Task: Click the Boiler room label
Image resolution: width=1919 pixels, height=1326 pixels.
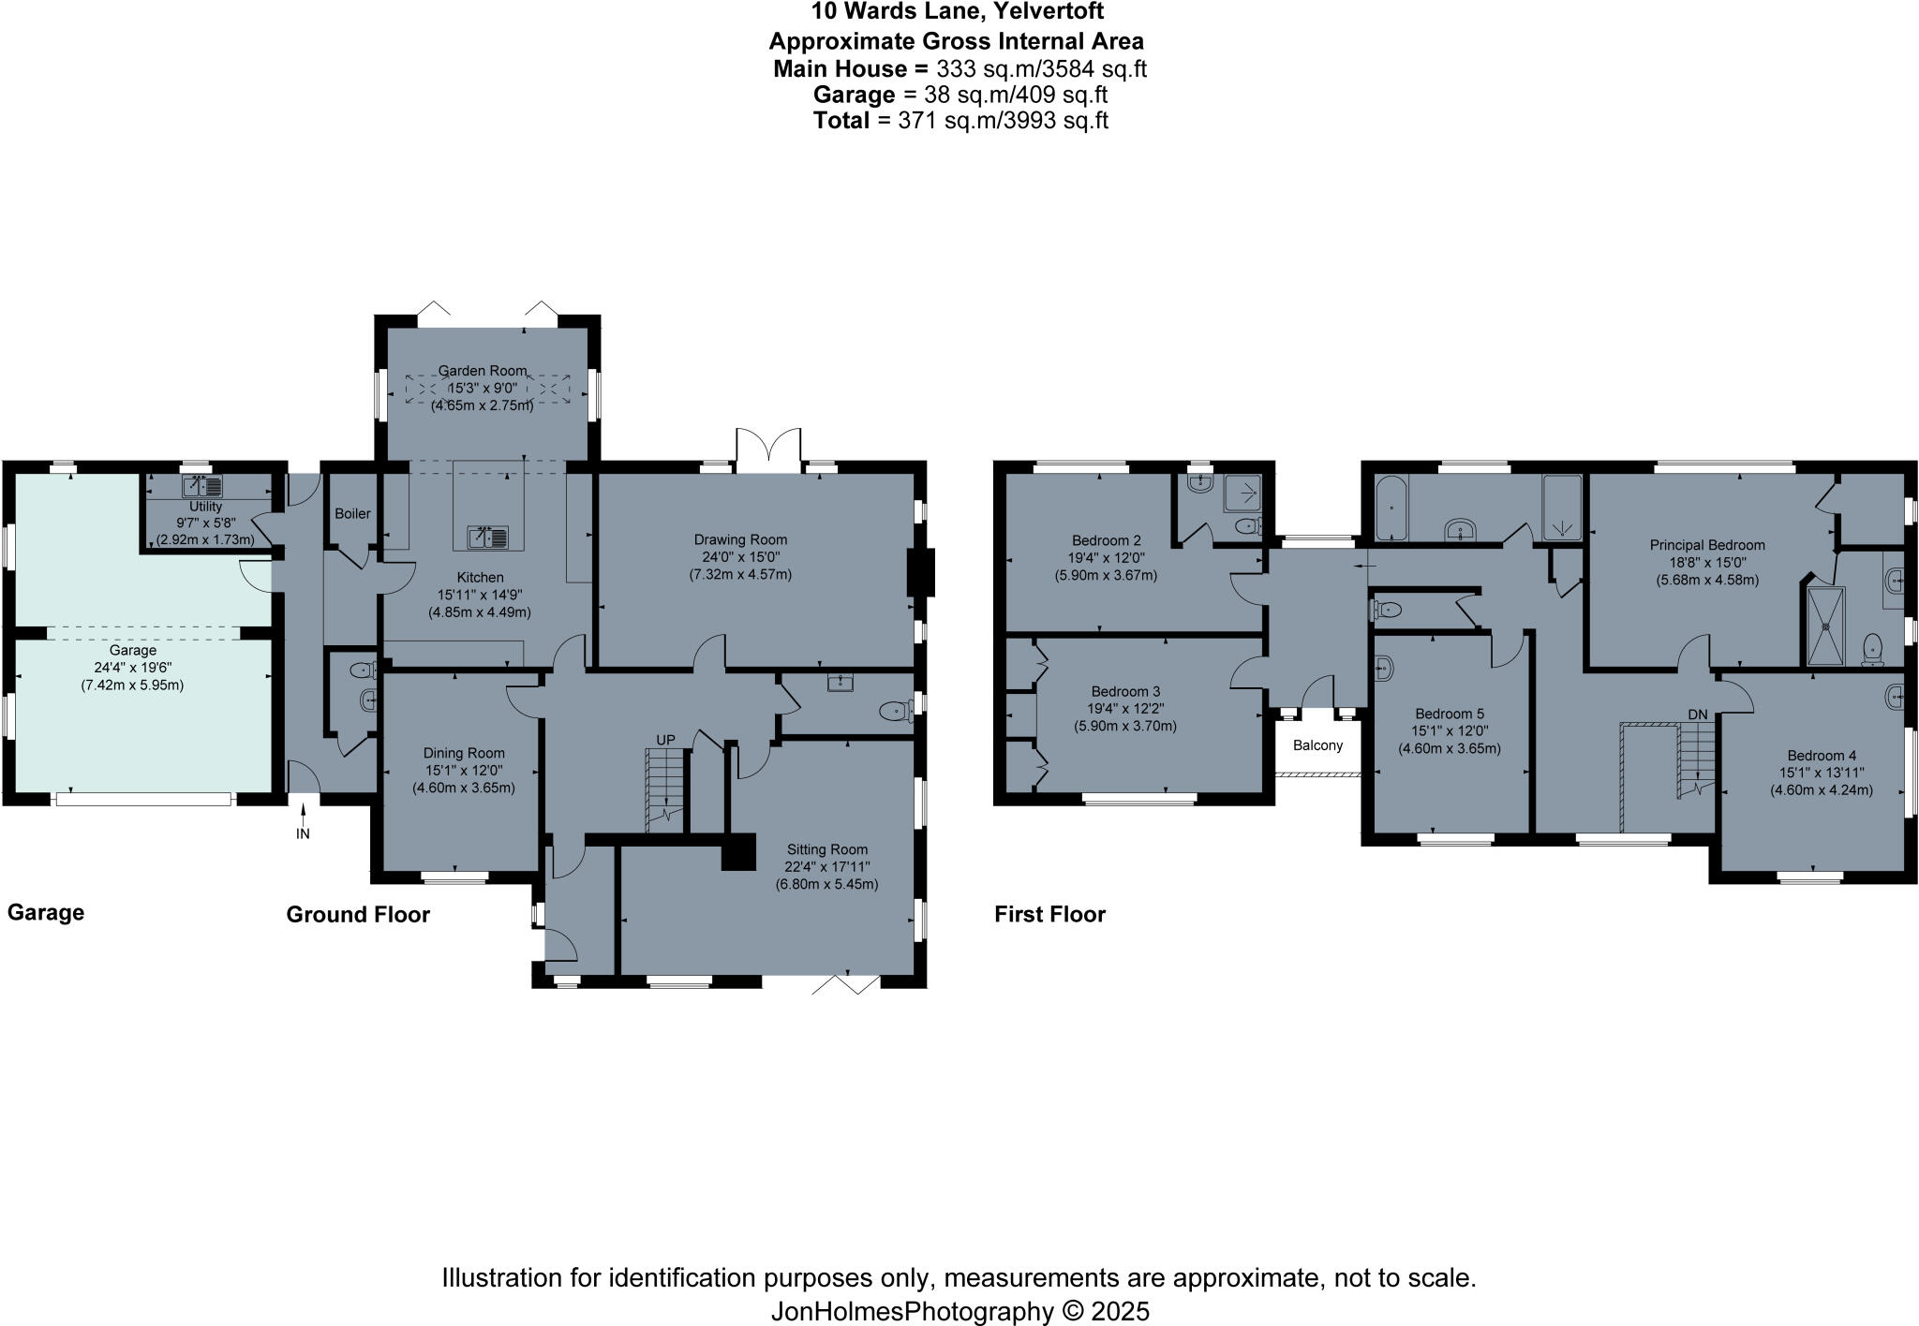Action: [352, 514]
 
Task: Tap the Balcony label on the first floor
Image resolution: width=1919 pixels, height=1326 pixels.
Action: [1317, 746]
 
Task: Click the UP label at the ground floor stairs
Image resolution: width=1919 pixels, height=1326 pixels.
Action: [665, 740]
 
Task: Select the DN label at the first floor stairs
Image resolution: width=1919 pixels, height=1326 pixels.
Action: [1698, 715]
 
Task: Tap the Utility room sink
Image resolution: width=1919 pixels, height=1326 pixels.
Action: [203, 487]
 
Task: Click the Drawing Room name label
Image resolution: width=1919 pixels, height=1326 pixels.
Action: [740, 539]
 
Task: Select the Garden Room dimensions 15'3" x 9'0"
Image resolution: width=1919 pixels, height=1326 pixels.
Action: [482, 388]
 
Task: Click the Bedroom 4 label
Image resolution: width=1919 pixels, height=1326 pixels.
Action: [1821, 756]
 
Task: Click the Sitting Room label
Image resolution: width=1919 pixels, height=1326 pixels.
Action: [826, 849]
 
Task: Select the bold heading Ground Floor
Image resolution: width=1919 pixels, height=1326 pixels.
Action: [358, 915]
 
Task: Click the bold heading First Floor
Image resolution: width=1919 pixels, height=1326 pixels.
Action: [1049, 914]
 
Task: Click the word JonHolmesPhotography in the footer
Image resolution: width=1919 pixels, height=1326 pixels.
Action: [912, 1311]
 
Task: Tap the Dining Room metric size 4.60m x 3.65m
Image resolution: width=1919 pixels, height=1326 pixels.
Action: [464, 788]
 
